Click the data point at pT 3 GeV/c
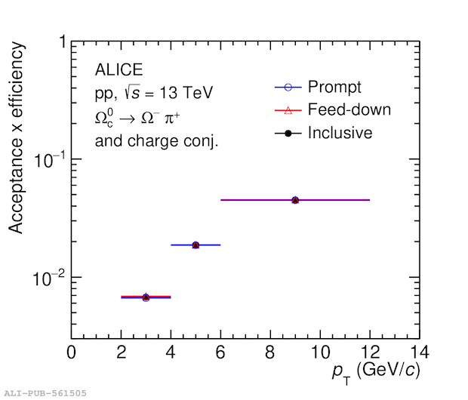[x=146, y=297]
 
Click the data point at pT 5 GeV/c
[x=196, y=245]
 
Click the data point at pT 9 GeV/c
[x=295, y=200]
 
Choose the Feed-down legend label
[x=349, y=109]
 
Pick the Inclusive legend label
[x=340, y=133]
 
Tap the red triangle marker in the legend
[x=288, y=110]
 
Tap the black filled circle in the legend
[x=288, y=133]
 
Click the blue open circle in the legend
[x=288, y=87]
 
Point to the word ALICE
[x=119, y=70]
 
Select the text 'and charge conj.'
[x=156, y=140]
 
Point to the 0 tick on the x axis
[x=71, y=352]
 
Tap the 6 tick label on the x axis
[x=220, y=352]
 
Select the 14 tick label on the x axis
[x=418, y=352]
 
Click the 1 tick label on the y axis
[x=62, y=43]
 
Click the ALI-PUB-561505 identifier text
[x=46, y=392]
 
